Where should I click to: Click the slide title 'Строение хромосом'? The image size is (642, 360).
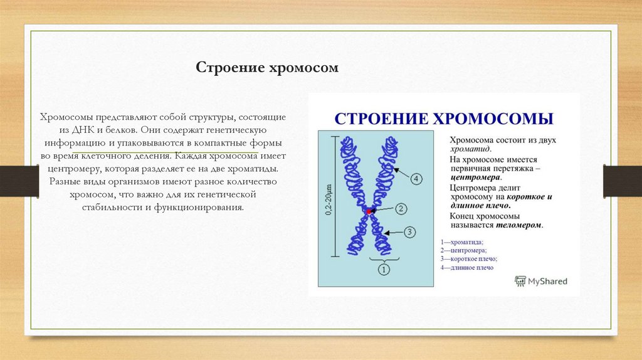point(268,67)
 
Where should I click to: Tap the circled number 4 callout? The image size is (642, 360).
point(417,179)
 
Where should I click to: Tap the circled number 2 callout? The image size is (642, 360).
point(402,209)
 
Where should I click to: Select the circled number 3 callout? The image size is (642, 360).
point(409,232)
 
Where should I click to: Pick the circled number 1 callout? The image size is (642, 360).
point(384,270)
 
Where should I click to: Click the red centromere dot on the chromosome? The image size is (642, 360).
point(369,213)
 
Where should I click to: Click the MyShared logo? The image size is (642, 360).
point(540,281)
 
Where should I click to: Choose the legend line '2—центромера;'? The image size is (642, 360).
point(463,250)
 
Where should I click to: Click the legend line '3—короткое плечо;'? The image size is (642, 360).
point(468,258)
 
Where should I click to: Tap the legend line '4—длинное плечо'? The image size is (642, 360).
point(466,267)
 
